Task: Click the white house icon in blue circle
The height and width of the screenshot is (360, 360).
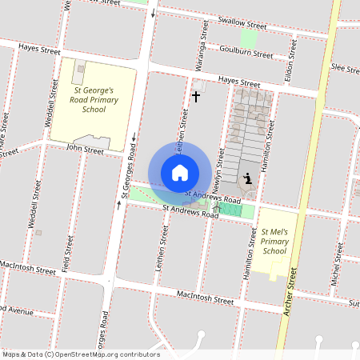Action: coord(180,173)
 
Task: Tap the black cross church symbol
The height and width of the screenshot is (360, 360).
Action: coord(196,97)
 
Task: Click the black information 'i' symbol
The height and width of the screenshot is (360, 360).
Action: coord(249,178)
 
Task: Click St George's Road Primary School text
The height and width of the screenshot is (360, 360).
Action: coord(94,100)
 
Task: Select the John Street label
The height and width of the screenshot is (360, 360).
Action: coord(86,150)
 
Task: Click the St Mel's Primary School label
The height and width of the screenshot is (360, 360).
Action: coord(274,242)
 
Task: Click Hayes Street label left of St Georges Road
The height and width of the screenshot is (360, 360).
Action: coord(41,50)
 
